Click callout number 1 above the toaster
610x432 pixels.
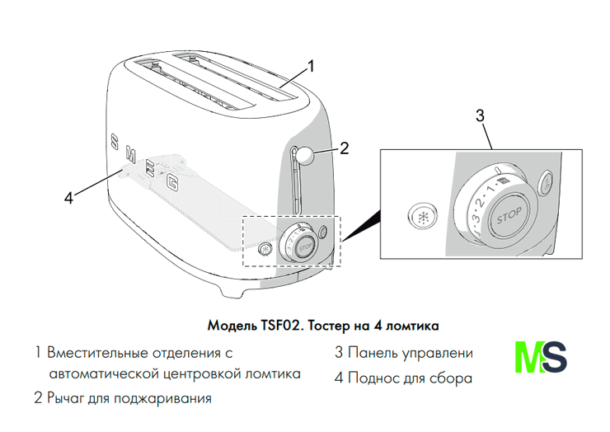point(310,66)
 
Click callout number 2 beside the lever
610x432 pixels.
point(344,148)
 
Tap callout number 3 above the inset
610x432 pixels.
point(481,115)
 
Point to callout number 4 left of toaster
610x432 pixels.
point(68,198)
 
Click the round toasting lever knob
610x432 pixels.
point(305,155)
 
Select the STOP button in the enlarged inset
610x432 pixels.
point(509,216)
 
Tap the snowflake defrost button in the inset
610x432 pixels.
point(422,216)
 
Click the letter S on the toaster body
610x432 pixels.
point(115,142)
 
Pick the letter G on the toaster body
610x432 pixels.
point(172,182)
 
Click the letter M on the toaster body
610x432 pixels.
point(130,155)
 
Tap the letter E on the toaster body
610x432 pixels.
point(150,168)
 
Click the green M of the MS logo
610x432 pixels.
point(528,357)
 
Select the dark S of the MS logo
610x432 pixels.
point(554,357)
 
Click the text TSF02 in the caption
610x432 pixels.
point(279,326)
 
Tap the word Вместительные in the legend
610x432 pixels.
point(97,353)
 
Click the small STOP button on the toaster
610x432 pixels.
point(305,247)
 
